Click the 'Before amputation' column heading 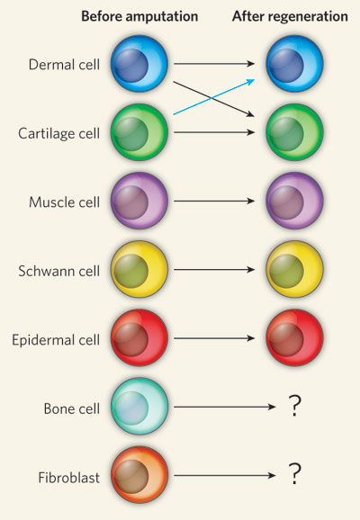(139, 16)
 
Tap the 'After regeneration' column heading (290, 16)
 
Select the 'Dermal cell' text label (64, 65)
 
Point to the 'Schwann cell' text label (59, 271)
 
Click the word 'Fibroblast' (69, 478)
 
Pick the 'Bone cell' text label (72, 408)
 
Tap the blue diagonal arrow (214, 97)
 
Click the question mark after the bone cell (294, 406)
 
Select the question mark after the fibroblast (294, 474)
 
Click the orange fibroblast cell (139, 474)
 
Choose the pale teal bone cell (139, 407)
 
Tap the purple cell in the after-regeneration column (294, 201)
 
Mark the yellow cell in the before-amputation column (139, 269)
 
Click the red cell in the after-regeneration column (294, 337)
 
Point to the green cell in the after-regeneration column (294, 132)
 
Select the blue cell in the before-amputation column (139, 63)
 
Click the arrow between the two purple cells (214, 201)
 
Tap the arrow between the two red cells (214, 338)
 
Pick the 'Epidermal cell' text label (56, 340)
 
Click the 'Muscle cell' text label (65, 202)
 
